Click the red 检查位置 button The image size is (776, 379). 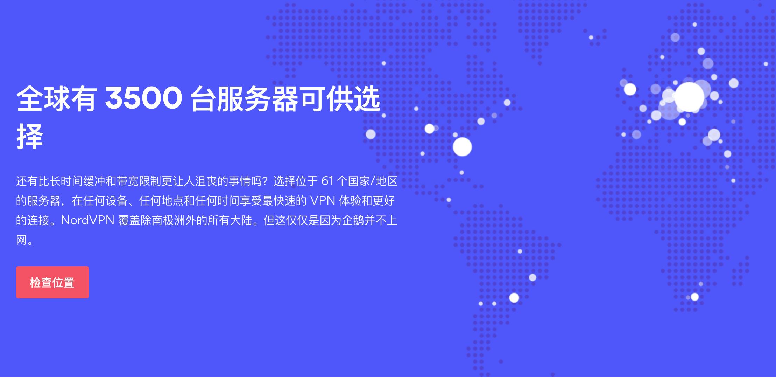[52, 282]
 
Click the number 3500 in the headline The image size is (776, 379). [143, 99]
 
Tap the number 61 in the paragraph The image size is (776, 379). [327, 181]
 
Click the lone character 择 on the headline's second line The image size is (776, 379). [30, 137]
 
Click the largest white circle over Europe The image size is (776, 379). [689, 97]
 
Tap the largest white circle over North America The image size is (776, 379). [462, 147]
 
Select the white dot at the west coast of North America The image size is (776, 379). [371, 134]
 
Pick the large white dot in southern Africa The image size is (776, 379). [695, 297]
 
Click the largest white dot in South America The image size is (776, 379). [514, 298]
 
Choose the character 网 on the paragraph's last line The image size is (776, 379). [21, 240]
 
